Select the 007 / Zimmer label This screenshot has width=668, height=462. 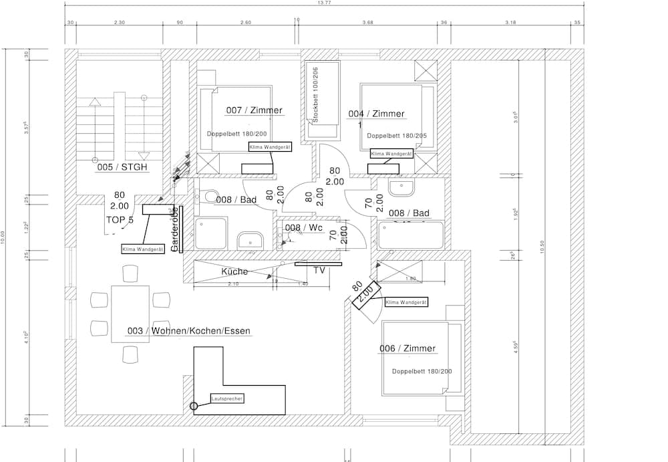click(x=254, y=110)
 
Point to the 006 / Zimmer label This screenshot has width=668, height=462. click(x=407, y=348)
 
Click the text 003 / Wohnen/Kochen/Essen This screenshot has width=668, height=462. click(x=189, y=331)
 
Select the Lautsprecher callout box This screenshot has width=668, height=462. click(x=227, y=398)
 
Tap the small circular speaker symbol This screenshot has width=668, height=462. click(x=194, y=406)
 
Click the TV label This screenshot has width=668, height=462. click(x=319, y=271)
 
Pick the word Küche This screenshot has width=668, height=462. click(x=234, y=271)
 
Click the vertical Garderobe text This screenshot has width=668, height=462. click(x=174, y=229)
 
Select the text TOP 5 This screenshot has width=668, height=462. click(x=120, y=219)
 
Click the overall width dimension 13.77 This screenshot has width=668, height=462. click(x=324, y=3)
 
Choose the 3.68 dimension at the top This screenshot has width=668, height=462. click(x=367, y=22)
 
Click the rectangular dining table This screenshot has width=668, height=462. click(x=130, y=313)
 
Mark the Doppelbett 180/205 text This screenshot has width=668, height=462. click(x=397, y=135)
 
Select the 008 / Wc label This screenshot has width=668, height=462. click(x=304, y=228)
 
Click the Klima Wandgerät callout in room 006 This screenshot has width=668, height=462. click(x=405, y=302)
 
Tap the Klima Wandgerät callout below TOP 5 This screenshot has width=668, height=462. click(x=143, y=249)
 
